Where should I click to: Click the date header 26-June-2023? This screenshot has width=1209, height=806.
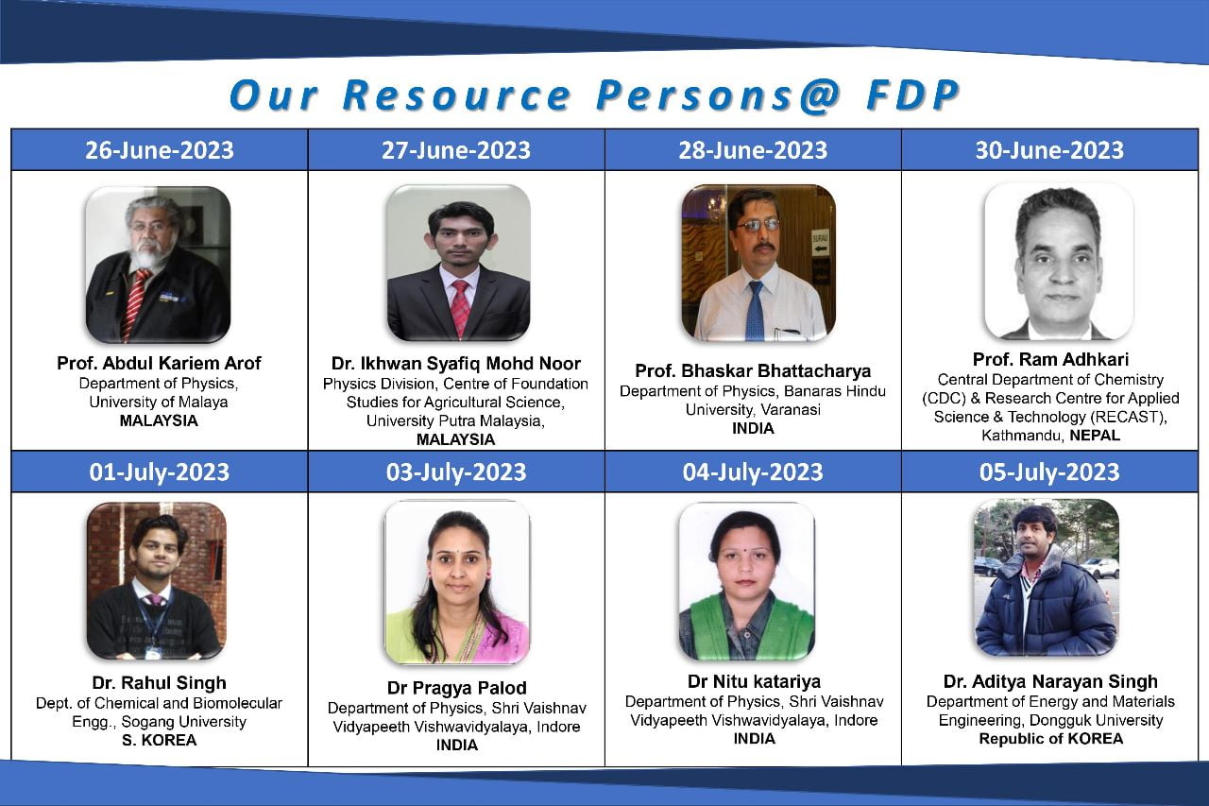[159, 149]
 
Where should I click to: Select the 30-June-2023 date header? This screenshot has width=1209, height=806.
[1049, 149]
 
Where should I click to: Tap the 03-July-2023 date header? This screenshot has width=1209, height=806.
[456, 472]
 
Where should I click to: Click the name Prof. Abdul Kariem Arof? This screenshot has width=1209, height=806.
[159, 363]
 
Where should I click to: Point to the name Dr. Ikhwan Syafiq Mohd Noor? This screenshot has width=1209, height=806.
[456, 363]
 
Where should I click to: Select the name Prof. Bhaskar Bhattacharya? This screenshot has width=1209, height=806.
[753, 369]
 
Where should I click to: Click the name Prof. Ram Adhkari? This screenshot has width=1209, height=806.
[1050, 359]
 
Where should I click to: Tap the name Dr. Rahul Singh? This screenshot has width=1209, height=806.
[159, 682]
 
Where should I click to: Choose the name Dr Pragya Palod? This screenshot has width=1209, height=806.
[456, 687]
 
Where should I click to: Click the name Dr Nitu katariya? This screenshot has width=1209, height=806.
[753, 681]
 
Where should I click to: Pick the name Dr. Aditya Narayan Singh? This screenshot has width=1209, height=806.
[1050, 681]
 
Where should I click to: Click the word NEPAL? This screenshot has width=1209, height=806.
[1095, 436]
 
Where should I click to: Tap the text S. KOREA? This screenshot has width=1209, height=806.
[159, 740]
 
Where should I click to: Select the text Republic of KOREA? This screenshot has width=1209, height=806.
[1050, 739]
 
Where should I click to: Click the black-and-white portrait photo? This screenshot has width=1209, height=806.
[1058, 262]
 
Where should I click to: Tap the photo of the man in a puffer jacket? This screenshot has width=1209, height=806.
[1046, 578]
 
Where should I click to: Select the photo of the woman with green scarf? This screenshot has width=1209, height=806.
[746, 580]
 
